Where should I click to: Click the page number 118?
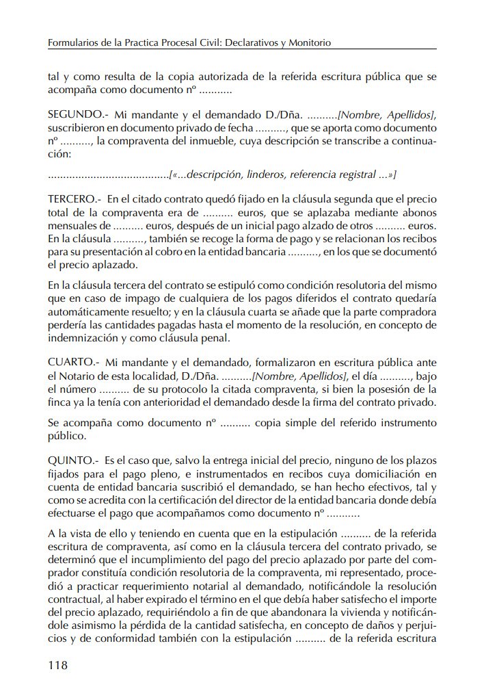(x=58, y=665)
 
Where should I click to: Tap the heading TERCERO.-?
(x=75, y=199)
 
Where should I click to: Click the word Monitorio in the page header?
(x=310, y=42)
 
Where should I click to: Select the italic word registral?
(x=355, y=175)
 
